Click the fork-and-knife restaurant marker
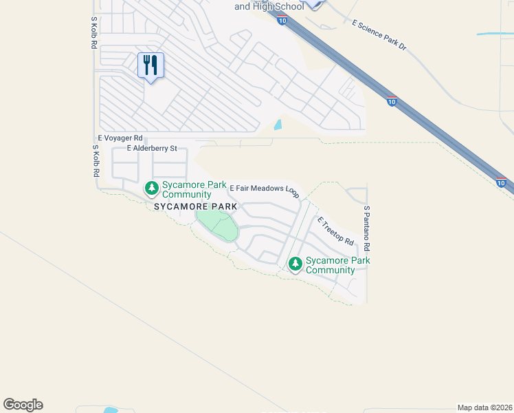150,65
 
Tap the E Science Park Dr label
379,35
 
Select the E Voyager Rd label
120,138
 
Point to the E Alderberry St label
152,148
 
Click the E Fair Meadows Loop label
264,189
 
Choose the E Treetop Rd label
335,231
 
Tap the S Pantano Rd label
367,228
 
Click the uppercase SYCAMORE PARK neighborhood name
195,206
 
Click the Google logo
23,405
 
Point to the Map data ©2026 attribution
485,407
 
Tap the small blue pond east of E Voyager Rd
277,125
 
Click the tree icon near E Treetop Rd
295,264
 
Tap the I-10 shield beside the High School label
282,21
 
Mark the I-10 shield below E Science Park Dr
392,101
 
